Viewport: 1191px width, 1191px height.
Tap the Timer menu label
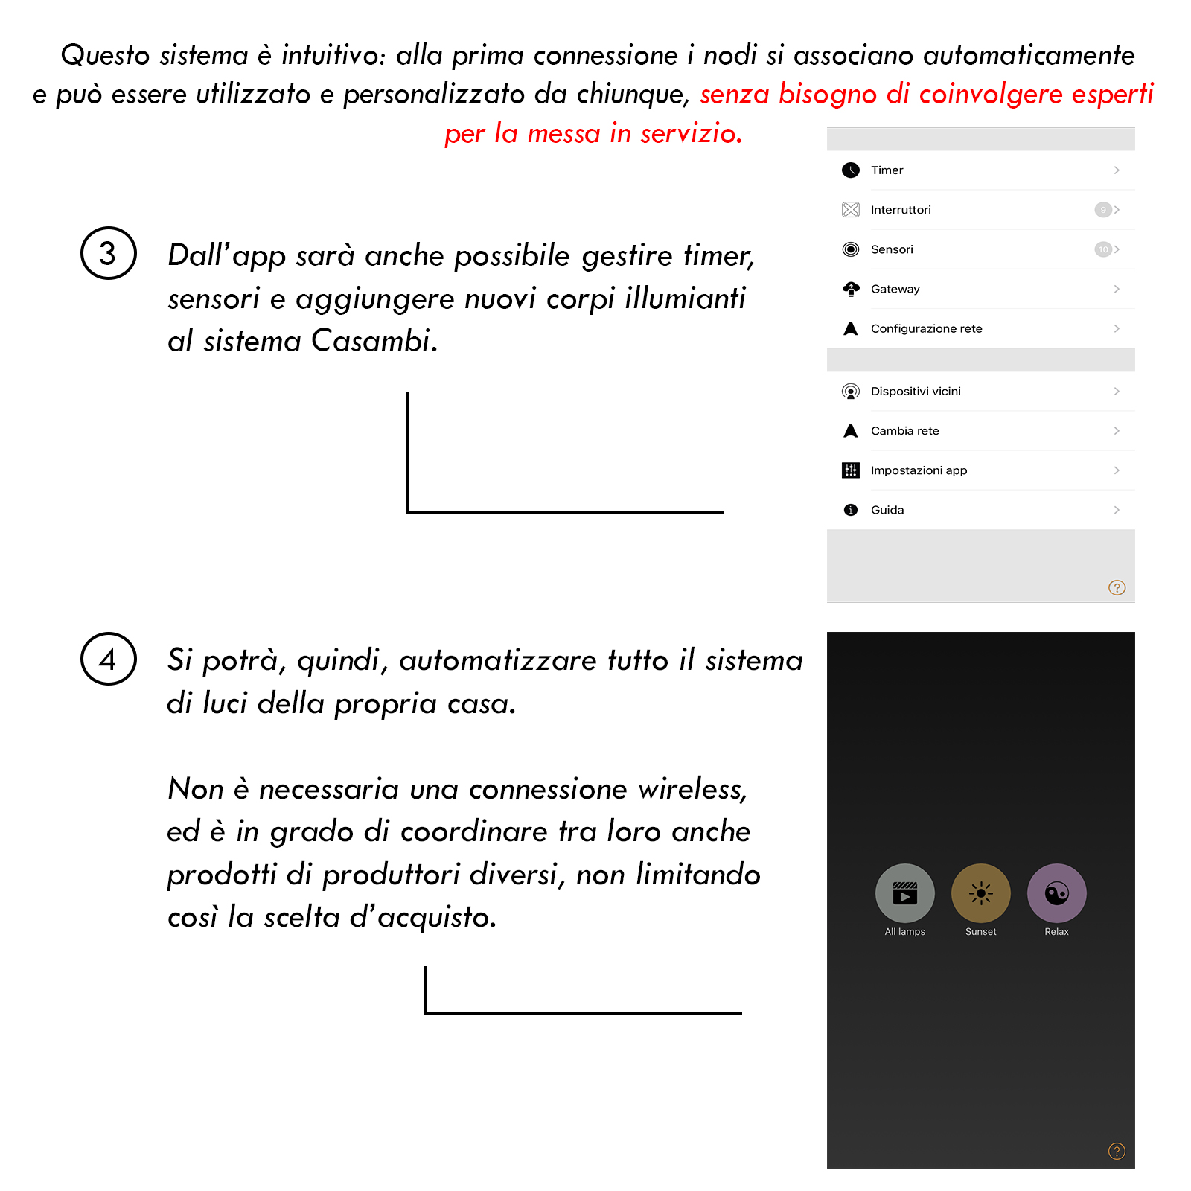887,170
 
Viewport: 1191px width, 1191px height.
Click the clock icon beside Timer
851,170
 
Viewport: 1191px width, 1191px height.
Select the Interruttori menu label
901,210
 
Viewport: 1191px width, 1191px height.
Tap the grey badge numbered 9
1102,210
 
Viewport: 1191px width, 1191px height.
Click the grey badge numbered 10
1102,249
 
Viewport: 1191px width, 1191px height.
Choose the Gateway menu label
895,289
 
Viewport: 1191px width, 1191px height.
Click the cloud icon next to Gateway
851,289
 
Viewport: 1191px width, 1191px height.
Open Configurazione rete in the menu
926,328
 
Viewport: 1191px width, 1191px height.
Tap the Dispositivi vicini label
916,392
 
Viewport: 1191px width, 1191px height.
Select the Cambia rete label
904,431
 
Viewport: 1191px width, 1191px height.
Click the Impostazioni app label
919,470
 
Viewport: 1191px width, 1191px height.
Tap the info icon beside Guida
851,510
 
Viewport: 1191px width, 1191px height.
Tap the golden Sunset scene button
981,893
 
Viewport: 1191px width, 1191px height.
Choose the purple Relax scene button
1057,893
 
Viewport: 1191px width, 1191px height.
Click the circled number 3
109,253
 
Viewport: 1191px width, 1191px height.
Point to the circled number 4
109,659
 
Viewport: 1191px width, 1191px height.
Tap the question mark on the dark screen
1117,1152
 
